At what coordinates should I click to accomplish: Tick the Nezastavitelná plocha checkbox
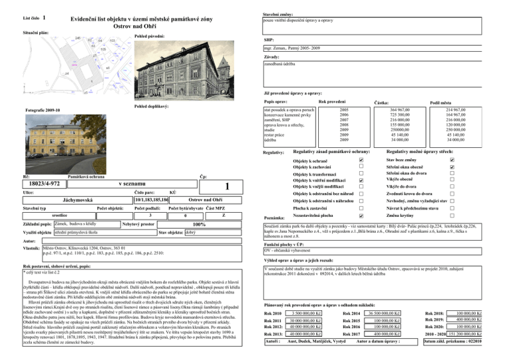click(359, 215)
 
